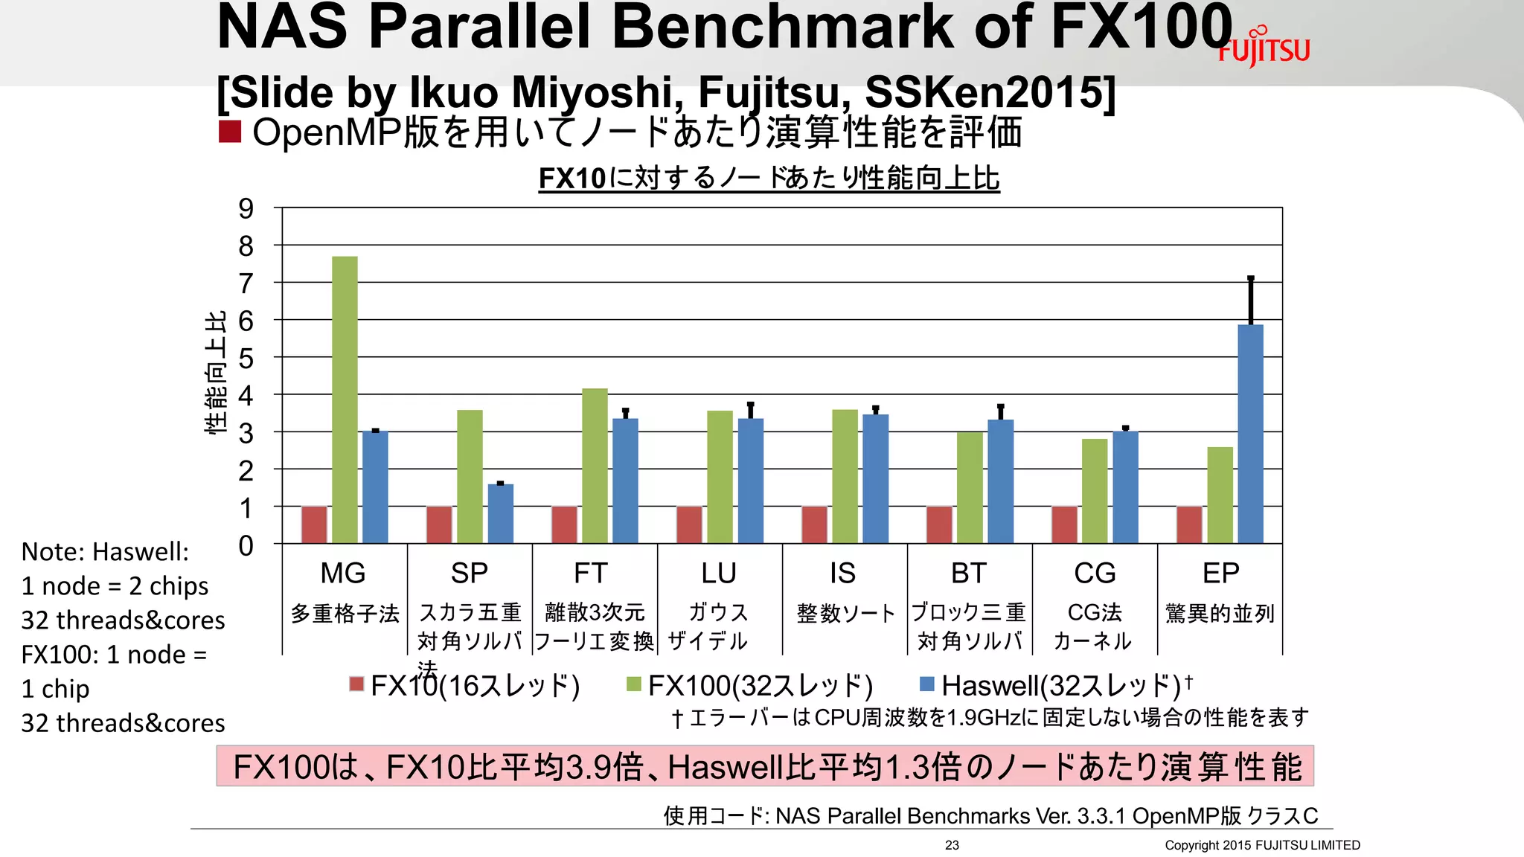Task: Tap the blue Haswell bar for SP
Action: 500,513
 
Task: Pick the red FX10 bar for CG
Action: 1064,524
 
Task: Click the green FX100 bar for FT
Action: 595,466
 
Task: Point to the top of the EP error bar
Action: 1251,278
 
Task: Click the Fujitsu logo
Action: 1264,48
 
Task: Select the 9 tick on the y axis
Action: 246,209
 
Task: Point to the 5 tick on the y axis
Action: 246,359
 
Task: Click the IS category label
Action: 842,574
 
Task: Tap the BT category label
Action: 968,574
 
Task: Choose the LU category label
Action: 718,574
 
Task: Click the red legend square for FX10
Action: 356,684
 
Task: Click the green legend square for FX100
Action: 634,684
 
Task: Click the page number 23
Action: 952,845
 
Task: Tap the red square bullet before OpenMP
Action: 230,132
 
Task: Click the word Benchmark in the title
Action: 784,27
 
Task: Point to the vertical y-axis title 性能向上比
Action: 215,372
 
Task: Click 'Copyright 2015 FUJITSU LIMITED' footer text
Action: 1262,845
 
